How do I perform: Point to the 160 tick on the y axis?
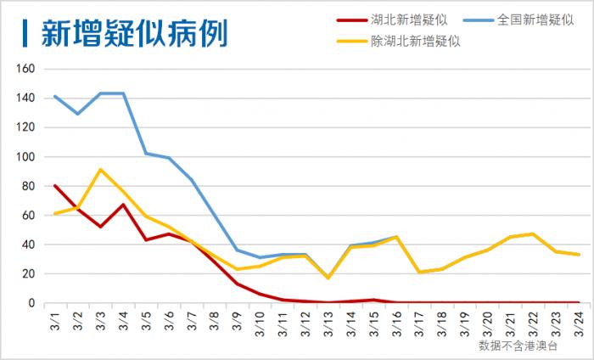tap(25, 69)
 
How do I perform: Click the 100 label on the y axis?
tap(25, 157)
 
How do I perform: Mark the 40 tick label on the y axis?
tap(28, 245)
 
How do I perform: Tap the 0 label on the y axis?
tap(31, 303)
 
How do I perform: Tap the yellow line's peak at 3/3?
tap(101, 169)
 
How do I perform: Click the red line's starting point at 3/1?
tap(55, 185)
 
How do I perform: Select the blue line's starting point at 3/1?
tap(55, 96)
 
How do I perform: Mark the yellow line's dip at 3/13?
tap(328, 278)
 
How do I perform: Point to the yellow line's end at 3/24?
tap(579, 255)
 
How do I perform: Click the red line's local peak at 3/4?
tap(124, 204)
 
